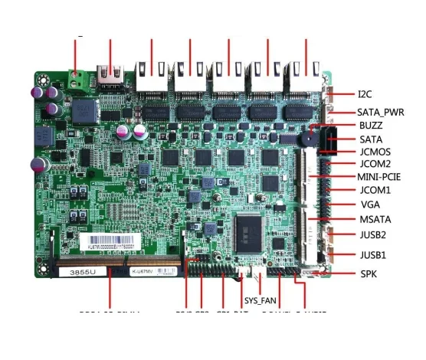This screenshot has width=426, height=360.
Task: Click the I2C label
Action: coord(365,95)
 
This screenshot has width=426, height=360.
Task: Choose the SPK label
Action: coord(368,274)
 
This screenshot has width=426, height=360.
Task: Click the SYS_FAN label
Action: coord(260,300)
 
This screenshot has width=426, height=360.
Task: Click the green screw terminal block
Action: coord(77,78)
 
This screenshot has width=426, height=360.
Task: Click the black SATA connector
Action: coord(330,141)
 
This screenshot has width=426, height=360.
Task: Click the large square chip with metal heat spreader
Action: coord(254,227)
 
